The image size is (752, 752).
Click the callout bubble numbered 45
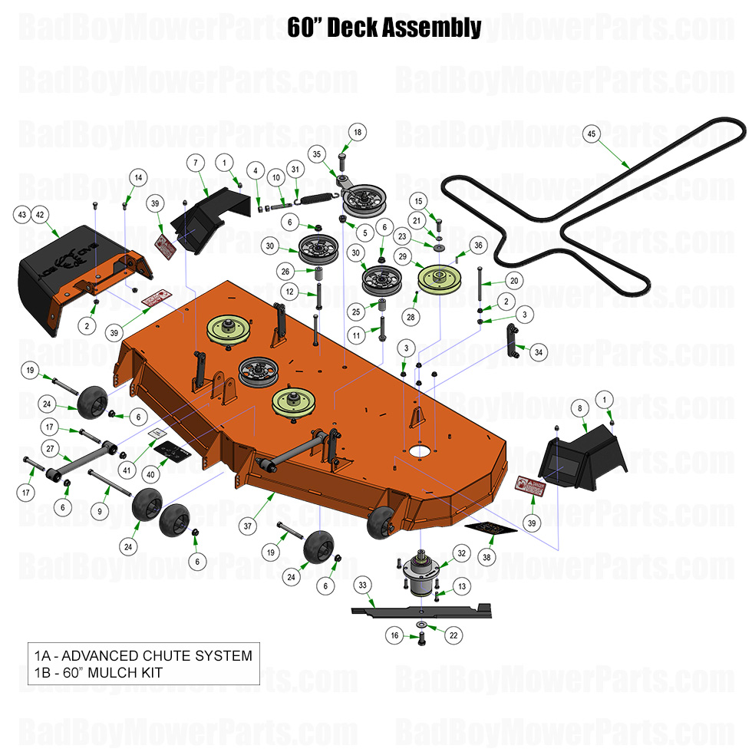click(591, 134)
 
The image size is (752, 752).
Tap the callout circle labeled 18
click(357, 132)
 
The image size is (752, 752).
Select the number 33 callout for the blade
click(363, 585)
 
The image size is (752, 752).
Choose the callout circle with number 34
click(539, 352)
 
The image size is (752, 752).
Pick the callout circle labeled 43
click(23, 214)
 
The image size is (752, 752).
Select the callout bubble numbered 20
click(514, 282)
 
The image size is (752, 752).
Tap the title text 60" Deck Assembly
click(384, 28)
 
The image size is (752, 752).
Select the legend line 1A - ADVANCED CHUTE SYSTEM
click(143, 655)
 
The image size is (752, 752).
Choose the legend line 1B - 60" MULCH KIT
click(99, 673)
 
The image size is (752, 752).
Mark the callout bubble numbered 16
click(394, 635)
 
